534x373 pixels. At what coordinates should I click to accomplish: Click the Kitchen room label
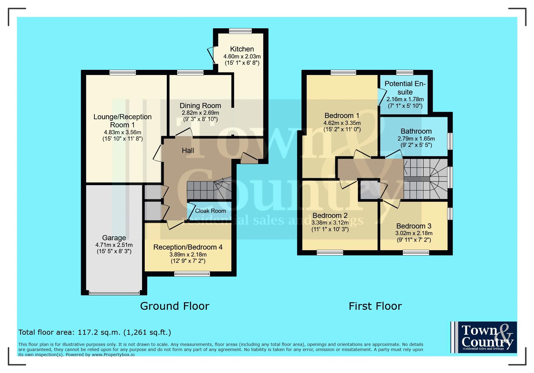(242, 49)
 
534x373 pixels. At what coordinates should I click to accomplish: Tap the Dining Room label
(200, 106)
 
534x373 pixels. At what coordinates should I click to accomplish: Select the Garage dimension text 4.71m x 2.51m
(114, 245)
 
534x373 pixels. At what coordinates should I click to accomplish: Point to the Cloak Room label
(210, 211)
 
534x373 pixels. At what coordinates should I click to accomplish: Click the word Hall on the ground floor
(188, 151)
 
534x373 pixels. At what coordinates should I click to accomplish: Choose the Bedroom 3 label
(414, 226)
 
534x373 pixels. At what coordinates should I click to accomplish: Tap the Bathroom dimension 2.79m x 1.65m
(416, 138)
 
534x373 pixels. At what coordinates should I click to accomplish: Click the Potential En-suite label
(405, 88)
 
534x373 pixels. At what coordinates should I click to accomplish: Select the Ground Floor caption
(175, 306)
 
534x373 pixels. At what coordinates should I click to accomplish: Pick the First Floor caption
(375, 306)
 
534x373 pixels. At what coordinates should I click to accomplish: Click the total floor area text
(95, 332)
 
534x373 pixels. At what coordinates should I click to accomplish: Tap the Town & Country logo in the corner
(484, 337)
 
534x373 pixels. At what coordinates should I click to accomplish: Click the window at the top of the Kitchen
(240, 31)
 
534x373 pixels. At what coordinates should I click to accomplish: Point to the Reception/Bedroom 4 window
(192, 274)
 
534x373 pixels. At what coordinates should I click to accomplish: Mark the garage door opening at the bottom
(114, 292)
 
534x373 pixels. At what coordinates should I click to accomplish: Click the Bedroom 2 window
(330, 253)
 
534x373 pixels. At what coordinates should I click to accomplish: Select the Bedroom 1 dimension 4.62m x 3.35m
(342, 123)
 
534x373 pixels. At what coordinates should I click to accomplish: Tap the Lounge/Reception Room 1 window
(123, 72)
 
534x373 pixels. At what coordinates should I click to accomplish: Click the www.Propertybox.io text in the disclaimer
(113, 355)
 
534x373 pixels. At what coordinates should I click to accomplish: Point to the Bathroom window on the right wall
(450, 141)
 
